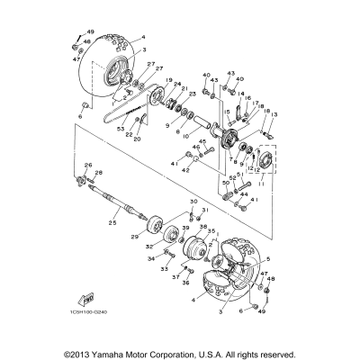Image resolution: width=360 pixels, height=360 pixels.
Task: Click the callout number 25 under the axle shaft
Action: pos(112,222)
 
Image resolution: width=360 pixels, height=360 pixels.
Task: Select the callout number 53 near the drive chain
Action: pos(121,130)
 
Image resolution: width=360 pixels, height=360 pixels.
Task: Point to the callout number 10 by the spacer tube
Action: pos(185,138)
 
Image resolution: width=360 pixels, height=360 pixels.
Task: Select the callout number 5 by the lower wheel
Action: pos(267,257)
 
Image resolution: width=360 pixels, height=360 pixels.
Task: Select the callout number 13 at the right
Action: pos(274,115)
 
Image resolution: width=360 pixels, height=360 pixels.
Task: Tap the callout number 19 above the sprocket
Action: pos(168,80)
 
